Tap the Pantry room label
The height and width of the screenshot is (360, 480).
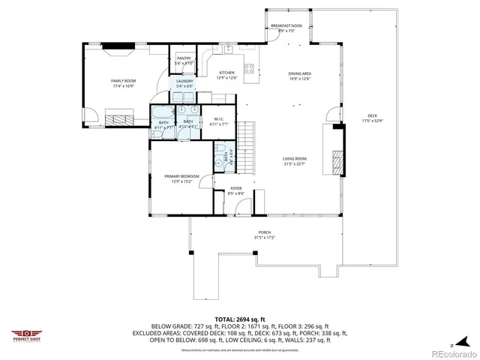click(184, 58)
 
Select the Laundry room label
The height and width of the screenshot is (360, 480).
click(184, 81)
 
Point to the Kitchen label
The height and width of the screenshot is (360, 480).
click(226, 73)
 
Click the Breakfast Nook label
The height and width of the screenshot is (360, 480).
click(286, 26)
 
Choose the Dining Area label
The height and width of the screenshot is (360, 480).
click(299, 73)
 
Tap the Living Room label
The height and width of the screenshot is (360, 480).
click(294, 158)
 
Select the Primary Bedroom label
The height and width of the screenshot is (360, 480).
click(181, 176)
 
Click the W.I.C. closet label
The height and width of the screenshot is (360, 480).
click(220, 118)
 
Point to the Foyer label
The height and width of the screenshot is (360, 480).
click(235, 188)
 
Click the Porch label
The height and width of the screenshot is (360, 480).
click(264, 232)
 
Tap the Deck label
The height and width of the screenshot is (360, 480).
click(372, 115)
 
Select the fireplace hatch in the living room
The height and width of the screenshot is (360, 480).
click(338, 158)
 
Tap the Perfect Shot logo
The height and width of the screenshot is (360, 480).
click(26, 335)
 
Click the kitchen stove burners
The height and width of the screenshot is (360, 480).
click(250, 68)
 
